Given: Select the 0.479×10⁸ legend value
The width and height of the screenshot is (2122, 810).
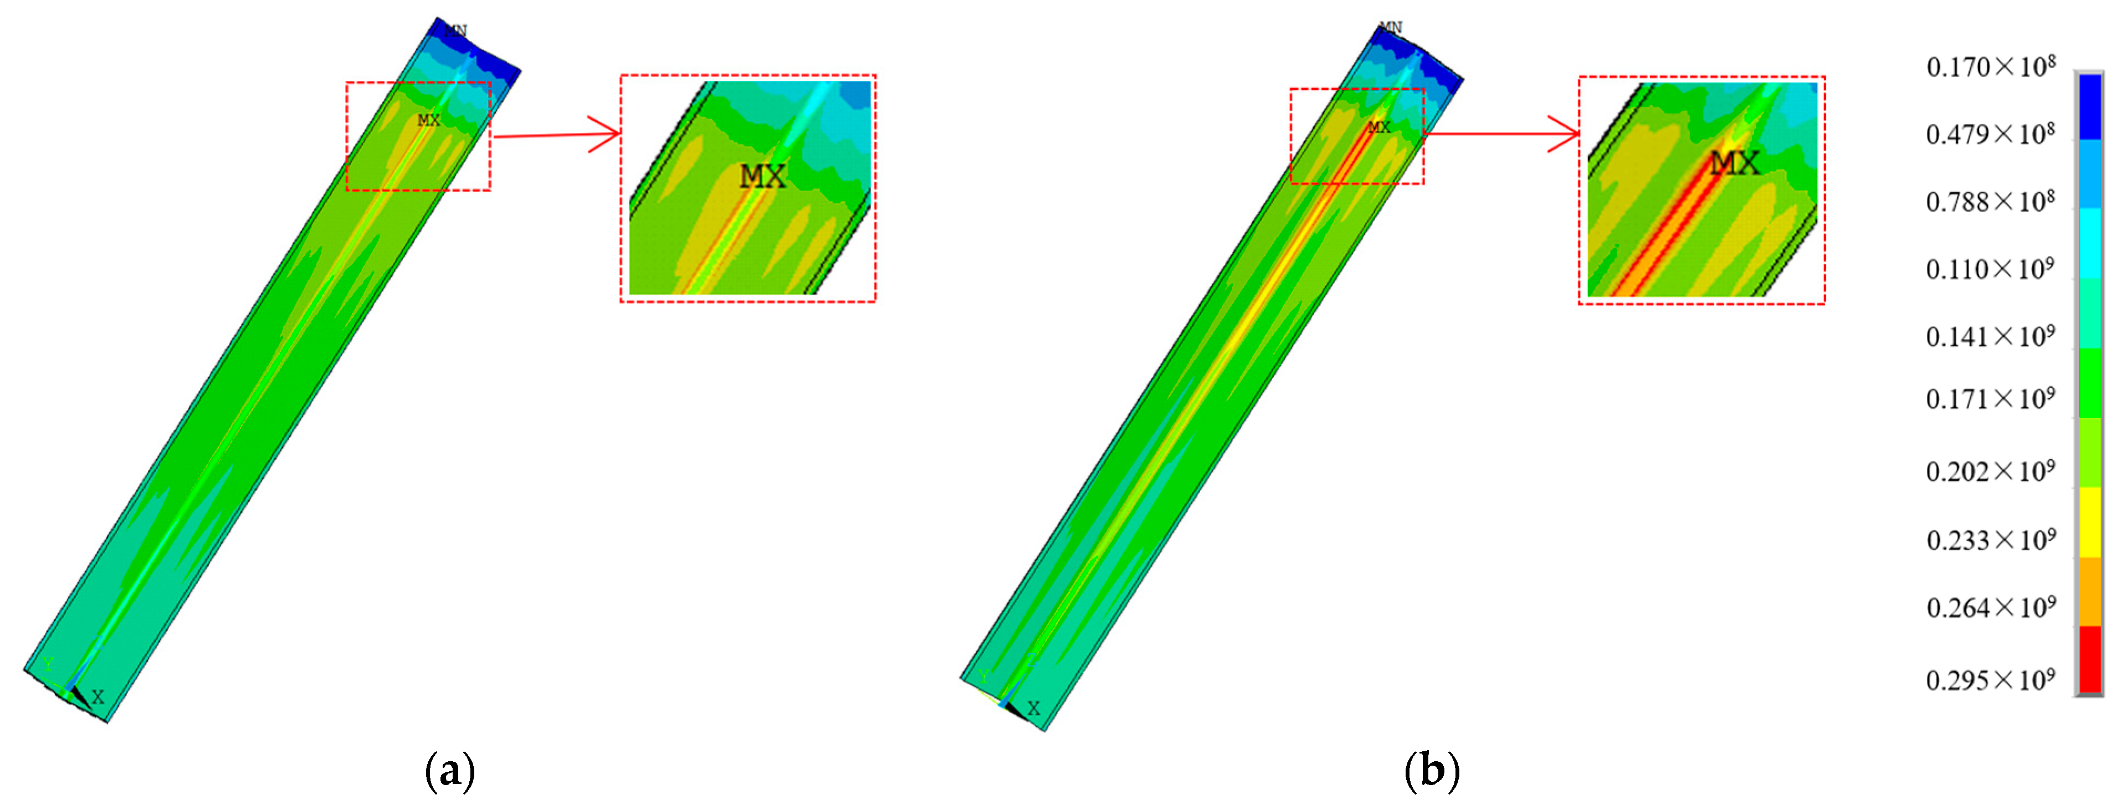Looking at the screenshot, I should [x=1990, y=134].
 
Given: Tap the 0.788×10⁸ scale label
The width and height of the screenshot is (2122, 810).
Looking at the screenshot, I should [x=1990, y=202].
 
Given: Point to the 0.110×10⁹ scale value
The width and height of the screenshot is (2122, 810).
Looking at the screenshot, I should [x=1990, y=269].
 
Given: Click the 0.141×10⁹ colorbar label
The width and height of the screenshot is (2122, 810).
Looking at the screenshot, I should [x=1990, y=337].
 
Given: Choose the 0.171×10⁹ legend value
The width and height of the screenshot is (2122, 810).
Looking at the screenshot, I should [x=1990, y=399].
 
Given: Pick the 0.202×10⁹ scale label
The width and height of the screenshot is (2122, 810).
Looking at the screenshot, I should [x=1990, y=472].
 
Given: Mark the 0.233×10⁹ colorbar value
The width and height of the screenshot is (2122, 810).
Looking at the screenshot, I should [x=1990, y=541].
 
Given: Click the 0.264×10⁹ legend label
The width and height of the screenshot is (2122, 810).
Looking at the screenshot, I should [x=1990, y=608].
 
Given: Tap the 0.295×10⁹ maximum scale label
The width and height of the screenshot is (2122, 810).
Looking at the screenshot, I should [x=1990, y=680].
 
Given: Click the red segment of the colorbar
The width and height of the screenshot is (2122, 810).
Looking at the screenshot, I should [x=2090, y=659].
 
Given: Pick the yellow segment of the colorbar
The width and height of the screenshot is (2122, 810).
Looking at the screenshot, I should [x=2090, y=521].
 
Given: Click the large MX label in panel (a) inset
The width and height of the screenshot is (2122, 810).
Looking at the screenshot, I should [x=762, y=176].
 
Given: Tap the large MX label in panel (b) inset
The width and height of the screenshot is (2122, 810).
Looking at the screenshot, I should [x=1734, y=163].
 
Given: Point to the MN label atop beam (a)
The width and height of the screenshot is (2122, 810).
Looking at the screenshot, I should [x=455, y=30].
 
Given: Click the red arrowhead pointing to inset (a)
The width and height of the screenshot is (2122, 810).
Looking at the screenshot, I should [x=608, y=134].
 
